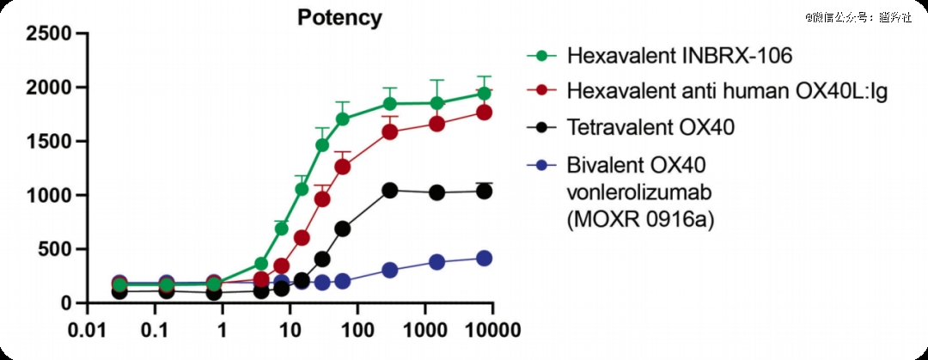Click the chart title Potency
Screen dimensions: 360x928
339,17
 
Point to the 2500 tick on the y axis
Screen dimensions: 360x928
49,34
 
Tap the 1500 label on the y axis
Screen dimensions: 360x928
49,142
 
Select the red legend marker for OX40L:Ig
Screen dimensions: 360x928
541,92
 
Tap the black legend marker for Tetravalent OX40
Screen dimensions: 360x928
541,128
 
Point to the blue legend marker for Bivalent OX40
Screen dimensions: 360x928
541,164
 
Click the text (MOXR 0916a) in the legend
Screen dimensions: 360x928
640,220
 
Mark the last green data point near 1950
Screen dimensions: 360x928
484,93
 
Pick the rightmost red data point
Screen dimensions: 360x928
484,112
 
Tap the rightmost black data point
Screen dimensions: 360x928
484,191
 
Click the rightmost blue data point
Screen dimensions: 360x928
484,258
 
